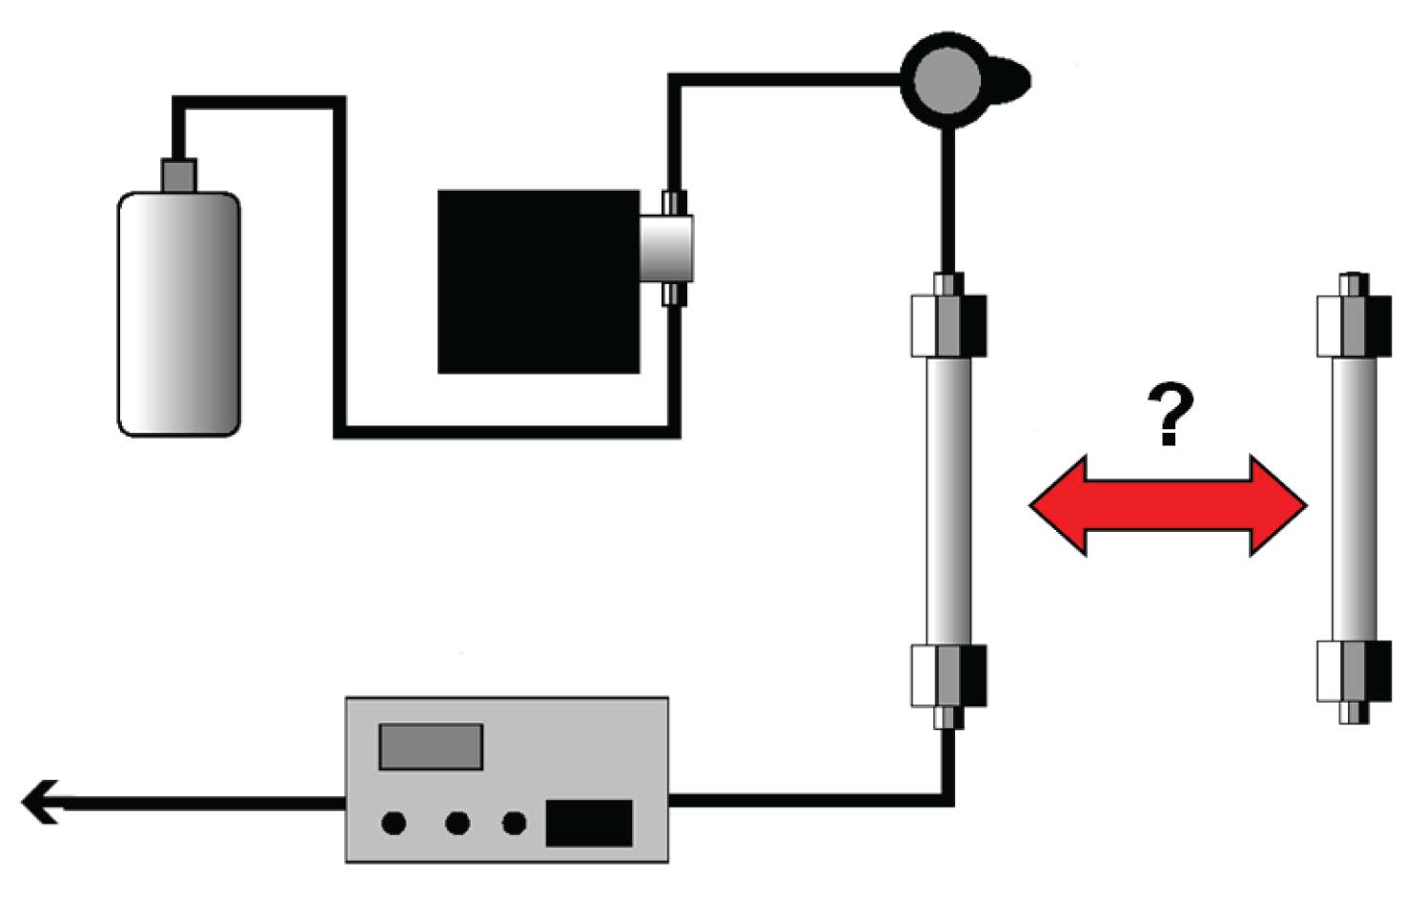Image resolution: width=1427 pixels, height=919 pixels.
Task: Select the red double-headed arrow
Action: [1168, 506]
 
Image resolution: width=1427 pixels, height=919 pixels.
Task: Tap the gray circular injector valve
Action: [946, 80]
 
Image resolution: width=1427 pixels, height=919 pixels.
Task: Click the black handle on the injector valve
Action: [1009, 79]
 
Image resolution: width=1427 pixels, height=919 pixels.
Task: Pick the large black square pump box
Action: [538, 282]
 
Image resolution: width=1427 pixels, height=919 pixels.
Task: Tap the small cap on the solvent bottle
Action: [178, 174]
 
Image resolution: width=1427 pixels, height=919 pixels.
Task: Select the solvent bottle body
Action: [178, 315]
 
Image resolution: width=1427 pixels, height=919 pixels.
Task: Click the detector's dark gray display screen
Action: [431, 746]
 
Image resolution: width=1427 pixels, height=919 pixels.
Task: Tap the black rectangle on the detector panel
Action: [588, 824]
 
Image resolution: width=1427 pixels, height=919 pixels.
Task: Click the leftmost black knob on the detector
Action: [394, 823]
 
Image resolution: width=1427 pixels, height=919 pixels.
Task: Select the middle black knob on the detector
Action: [458, 823]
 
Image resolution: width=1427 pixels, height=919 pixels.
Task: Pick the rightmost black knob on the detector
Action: [514, 823]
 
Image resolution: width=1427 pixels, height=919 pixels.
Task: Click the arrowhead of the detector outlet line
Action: [40, 802]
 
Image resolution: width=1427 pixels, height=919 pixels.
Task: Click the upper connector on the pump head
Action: [674, 202]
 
